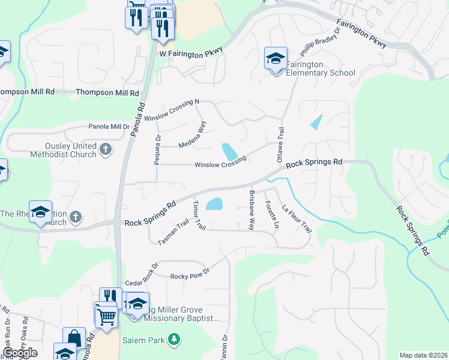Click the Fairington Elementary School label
pos(320,68)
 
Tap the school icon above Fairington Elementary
pos(276,59)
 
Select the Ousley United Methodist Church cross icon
pos(106,148)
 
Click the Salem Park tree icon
pos(174,340)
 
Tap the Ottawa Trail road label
pos(280,145)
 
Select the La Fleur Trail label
pos(297,219)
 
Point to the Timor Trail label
pos(199,215)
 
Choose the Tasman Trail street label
pos(173,233)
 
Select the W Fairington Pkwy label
pos(191,53)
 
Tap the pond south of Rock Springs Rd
pos(214,205)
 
